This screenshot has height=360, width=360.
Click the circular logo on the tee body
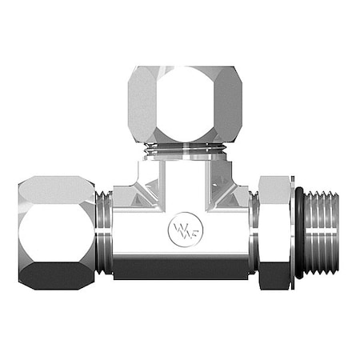(x=183, y=230)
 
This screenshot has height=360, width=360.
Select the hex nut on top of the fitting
(x=185, y=104)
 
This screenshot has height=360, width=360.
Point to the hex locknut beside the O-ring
(x=275, y=232)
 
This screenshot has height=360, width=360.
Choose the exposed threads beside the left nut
(x=104, y=232)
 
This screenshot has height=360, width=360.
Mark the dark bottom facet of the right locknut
(x=275, y=276)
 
